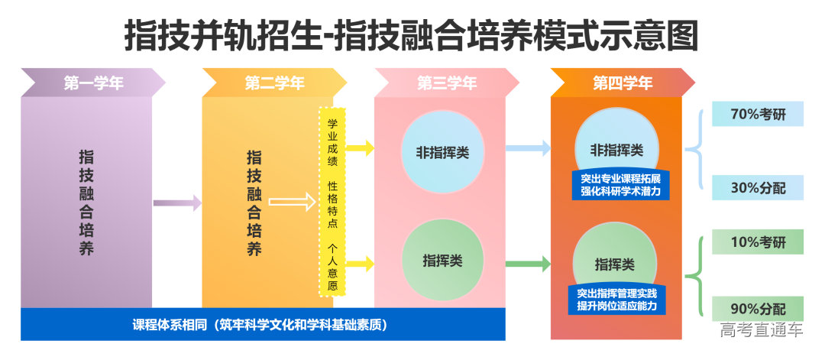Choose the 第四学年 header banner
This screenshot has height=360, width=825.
point(623,83)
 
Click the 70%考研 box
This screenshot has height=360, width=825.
point(758,115)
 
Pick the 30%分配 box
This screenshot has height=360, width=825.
point(758,188)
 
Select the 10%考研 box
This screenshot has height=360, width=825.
point(758,242)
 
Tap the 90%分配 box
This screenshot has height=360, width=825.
point(758,309)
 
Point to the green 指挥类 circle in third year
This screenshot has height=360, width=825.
point(442,260)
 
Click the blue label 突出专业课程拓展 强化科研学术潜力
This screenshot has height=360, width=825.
point(620,185)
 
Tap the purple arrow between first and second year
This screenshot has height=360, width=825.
point(177,203)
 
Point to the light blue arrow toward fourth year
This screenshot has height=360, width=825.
point(528,148)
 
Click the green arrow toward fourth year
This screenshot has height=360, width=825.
point(528,264)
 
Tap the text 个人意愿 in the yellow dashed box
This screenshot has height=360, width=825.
point(332,267)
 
